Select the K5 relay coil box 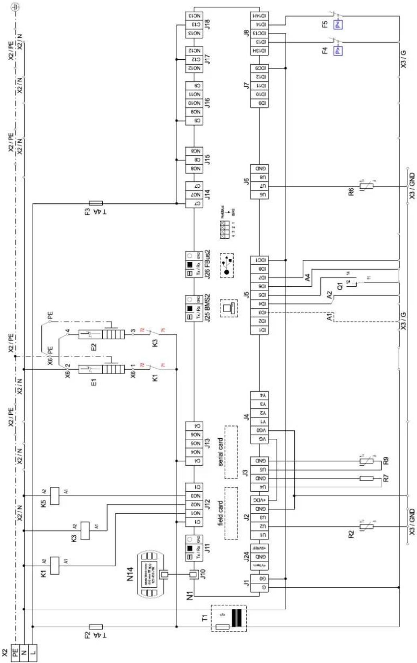[x=55, y=496]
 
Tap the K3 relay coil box [x=85, y=531]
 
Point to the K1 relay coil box [x=55, y=566]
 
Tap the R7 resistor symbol [x=366, y=478]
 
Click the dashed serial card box [x=231, y=452]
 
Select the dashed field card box [x=231, y=513]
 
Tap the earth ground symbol [x=16, y=6]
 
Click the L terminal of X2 [x=33, y=653]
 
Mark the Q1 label [x=340, y=286]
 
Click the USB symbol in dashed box [x=227, y=265]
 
